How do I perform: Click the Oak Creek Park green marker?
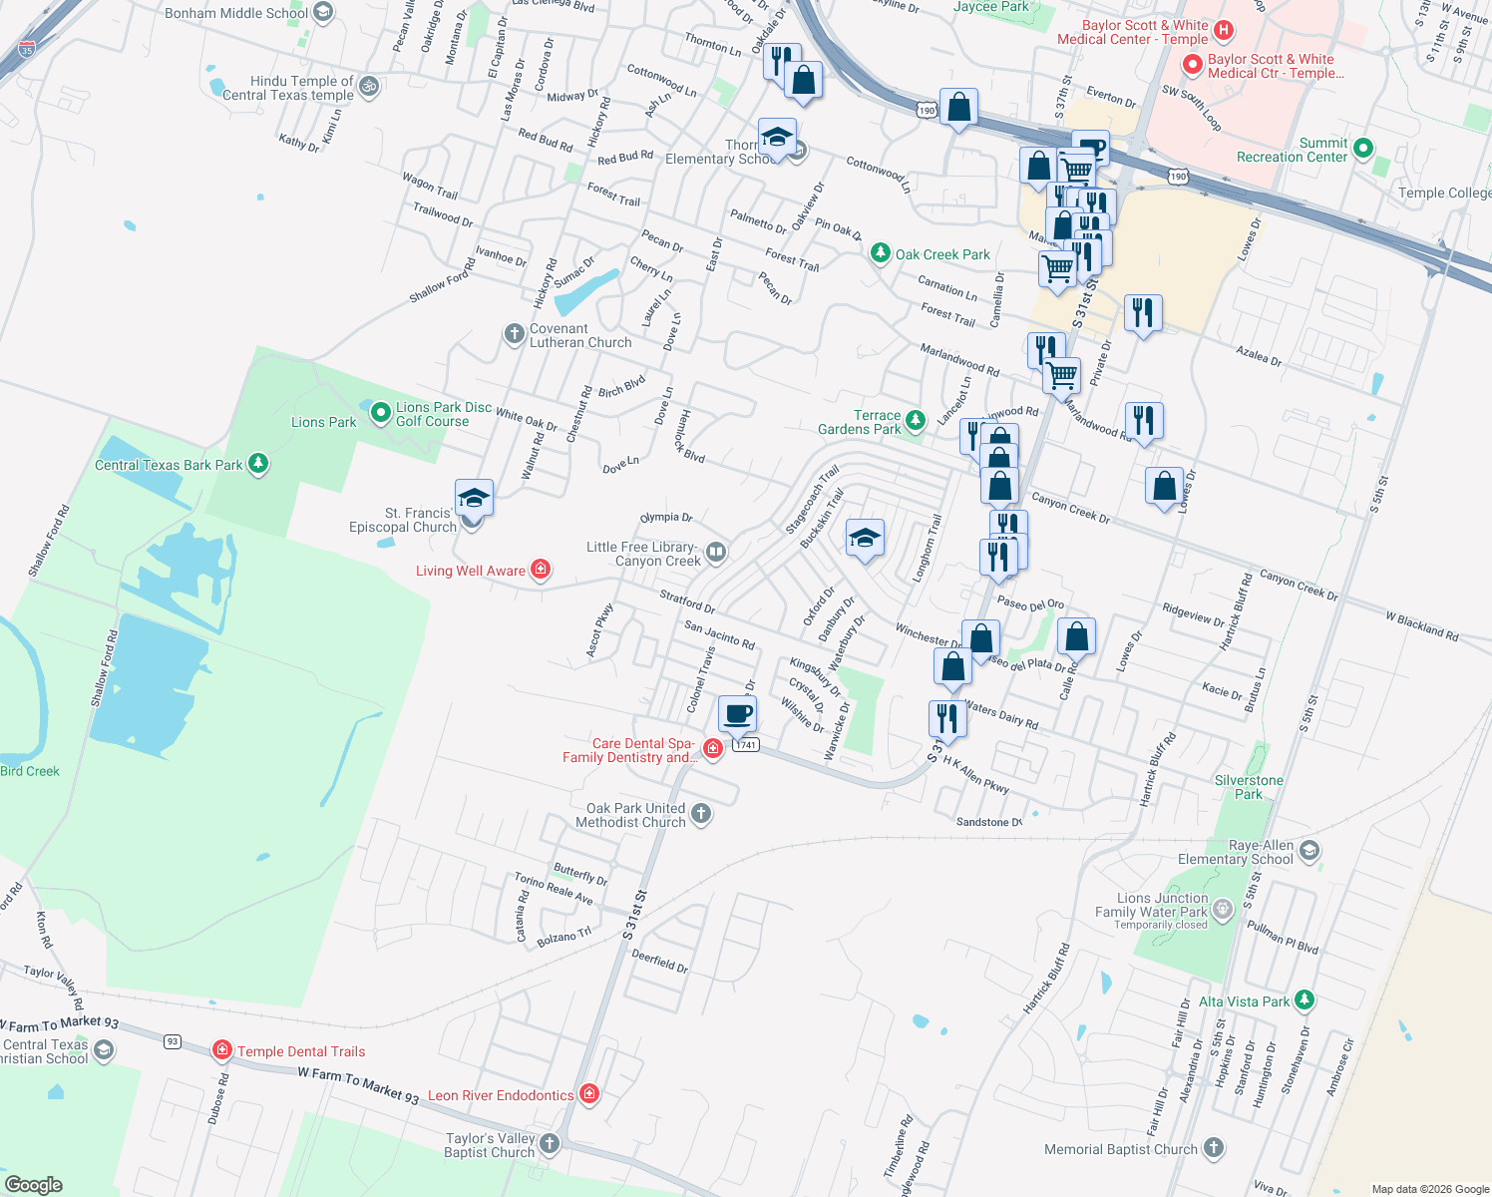pos(880,253)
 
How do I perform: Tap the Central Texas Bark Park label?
pos(169,465)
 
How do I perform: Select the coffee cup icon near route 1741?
pos(738,714)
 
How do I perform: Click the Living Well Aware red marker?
pos(541,570)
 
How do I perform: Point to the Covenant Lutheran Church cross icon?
pos(514,334)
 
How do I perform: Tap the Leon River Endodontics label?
pos(501,1095)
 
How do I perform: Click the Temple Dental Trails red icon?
pos(222,1050)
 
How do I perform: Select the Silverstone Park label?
pos(1249,787)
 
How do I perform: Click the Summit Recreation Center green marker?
pos(1363,149)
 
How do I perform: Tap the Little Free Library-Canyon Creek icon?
pos(715,553)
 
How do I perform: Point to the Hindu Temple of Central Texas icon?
pos(368,87)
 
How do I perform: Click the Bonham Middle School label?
pos(236,13)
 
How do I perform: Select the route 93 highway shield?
pos(173,1041)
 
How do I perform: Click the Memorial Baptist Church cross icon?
pos(1213,1148)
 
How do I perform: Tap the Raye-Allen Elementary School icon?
pos(1309,851)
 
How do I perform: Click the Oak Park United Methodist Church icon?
pos(701,814)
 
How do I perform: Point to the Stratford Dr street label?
pos(687,600)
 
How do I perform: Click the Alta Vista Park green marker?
pos(1305,999)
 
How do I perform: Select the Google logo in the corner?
pos(34,1185)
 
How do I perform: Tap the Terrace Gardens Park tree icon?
pos(916,421)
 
